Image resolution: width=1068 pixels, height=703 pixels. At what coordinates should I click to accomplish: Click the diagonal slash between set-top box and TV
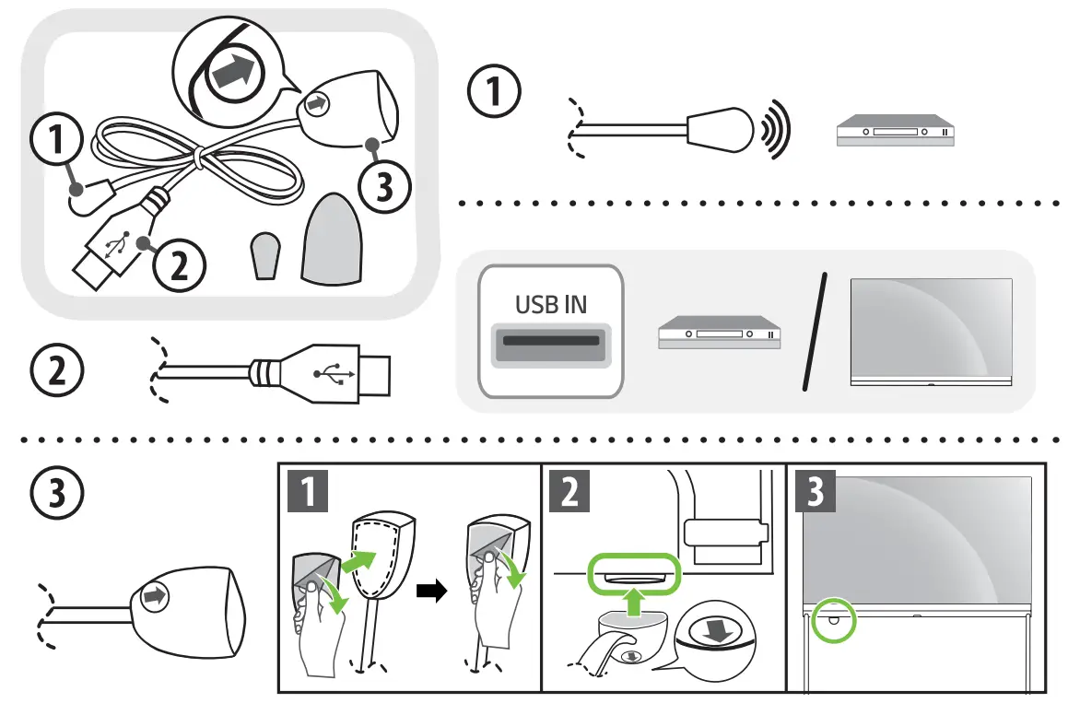815,331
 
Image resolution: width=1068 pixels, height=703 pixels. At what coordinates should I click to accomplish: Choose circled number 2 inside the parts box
179,264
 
